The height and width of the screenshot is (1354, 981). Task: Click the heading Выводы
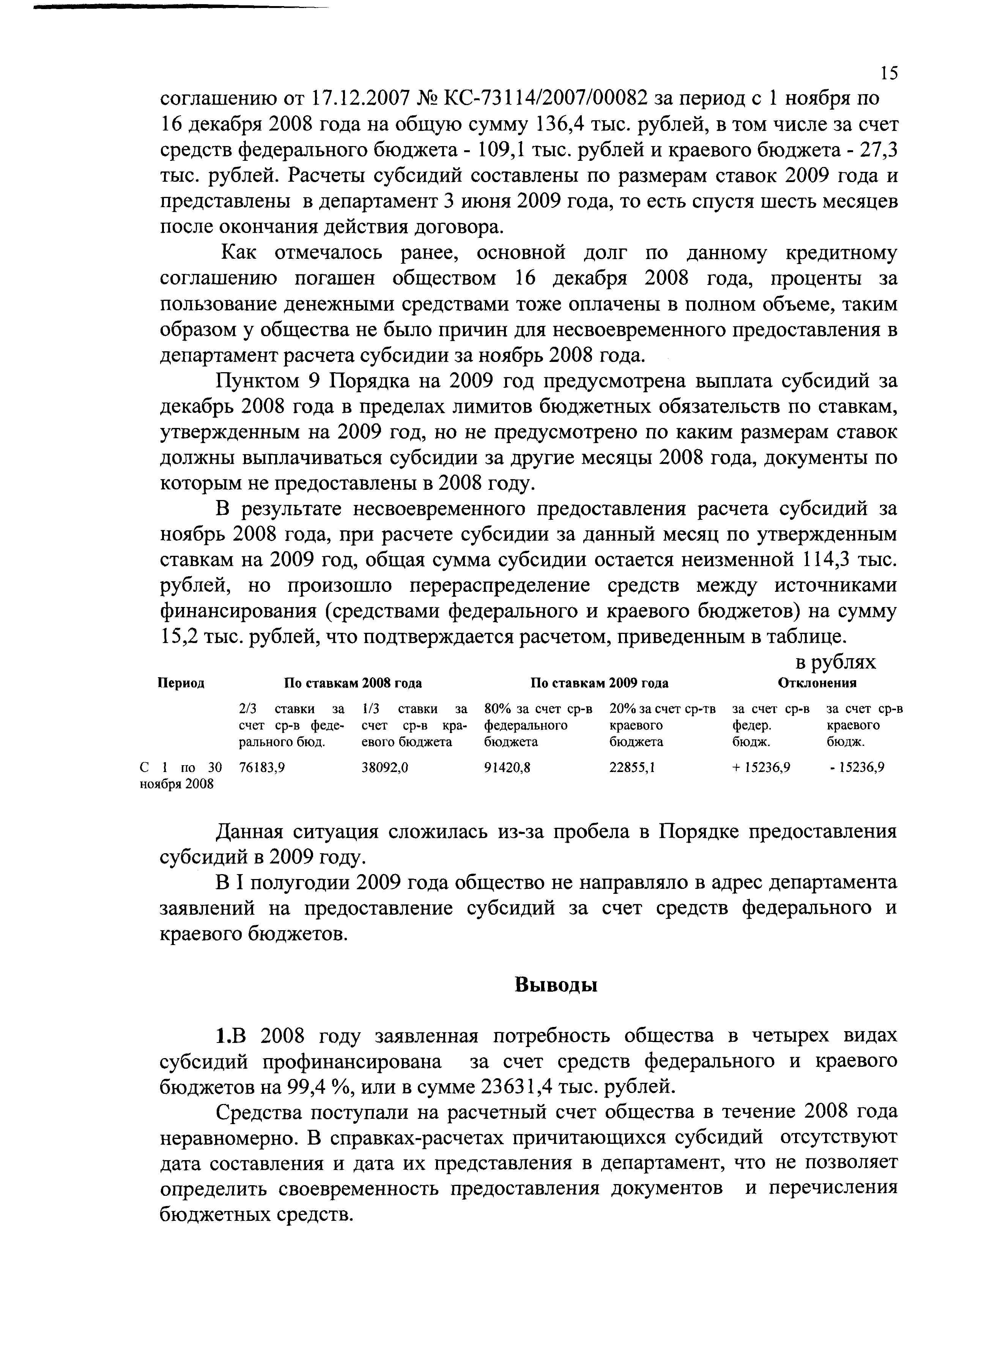[556, 984]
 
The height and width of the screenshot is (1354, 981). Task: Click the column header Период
[181, 683]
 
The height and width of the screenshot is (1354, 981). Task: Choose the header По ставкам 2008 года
[352, 683]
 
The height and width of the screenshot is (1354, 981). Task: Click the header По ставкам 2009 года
[600, 683]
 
